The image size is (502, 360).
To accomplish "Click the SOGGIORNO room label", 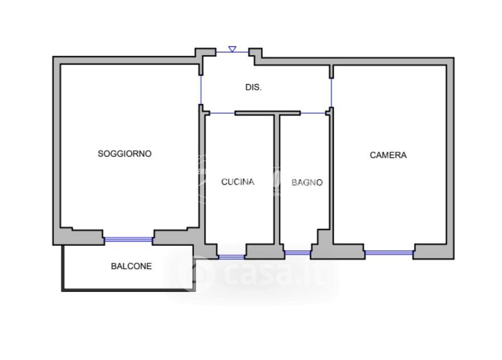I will pyautogui.click(x=124, y=154).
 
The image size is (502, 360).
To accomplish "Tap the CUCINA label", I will pyautogui.click(x=238, y=183).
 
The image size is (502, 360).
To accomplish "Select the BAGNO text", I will pyautogui.click(x=307, y=183).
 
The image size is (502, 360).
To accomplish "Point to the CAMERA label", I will pyautogui.click(x=388, y=155).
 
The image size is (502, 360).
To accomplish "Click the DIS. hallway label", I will pyautogui.click(x=254, y=88).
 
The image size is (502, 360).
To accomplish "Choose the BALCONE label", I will pyautogui.click(x=131, y=266).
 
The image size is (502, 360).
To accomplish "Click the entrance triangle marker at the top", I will pyautogui.click(x=232, y=49).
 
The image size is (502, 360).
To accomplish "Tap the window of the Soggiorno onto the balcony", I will pyautogui.click(x=129, y=239).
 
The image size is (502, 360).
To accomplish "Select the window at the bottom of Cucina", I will pyautogui.click(x=231, y=256).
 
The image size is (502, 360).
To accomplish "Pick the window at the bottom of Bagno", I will pyautogui.click(x=297, y=253).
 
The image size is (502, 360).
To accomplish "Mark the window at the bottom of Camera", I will pyautogui.click(x=388, y=253).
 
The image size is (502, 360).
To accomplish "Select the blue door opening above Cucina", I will pyautogui.click(x=220, y=113).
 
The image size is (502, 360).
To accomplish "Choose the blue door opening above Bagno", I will pyautogui.click(x=312, y=113).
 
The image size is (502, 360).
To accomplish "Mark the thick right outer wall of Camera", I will pyautogui.click(x=450, y=157).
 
